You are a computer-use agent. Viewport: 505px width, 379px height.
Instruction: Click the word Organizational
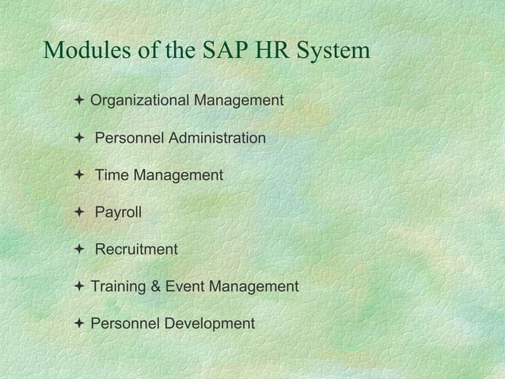click(138, 101)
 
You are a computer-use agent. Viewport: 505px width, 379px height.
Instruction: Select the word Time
click(112, 175)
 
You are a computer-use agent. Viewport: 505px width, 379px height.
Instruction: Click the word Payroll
click(119, 212)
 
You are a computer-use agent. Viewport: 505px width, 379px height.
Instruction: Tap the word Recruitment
click(136, 250)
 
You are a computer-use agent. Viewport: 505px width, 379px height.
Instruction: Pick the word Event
click(182, 286)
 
